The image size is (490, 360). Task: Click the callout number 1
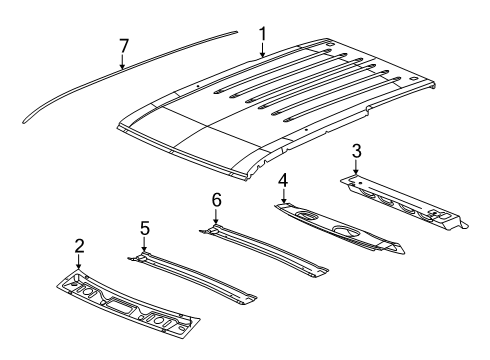click(x=262, y=37)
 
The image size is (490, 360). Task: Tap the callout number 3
click(x=356, y=151)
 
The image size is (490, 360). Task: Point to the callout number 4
click(x=284, y=181)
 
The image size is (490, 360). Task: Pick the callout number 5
click(x=145, y=229)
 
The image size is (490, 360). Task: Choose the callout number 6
click(x=216, y=201)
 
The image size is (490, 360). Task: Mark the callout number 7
click(x=123, y=45)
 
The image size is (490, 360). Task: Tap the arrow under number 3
click(x=356, y=166)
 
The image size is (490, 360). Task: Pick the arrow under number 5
click(x=145, y=244)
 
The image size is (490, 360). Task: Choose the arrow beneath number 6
click(x=216, y=217)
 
